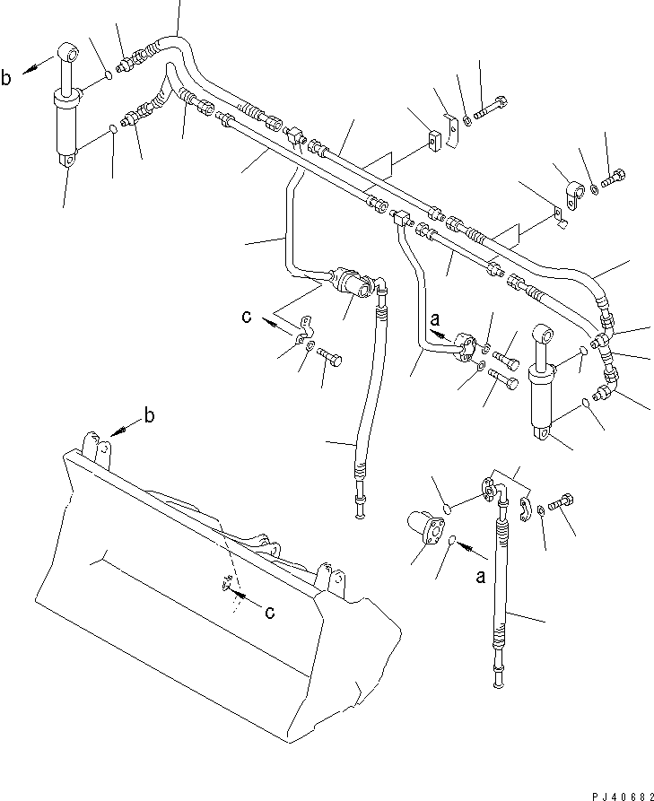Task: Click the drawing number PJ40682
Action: pyautogui.click(x=623, y=797)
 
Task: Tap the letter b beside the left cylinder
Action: pyautogui.click(x=6, y=78)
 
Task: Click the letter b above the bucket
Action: pyautogui.click(x=149, y=416)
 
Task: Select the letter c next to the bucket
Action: pyautogui.click(x=270, y=612)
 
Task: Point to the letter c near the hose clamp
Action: pyautogui.click(x=247, y=317)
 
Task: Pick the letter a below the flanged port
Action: pyautogui.click(x=481, y=577)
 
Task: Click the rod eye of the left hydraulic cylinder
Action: pyautogui.click(x=69, y=52)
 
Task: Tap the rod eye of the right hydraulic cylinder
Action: pyautogui.click(x=544, y=335)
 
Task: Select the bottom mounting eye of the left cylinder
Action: pyautogui.click(x=67, y=160)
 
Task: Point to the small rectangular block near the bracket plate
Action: pyautogui.click(x=435, y=141)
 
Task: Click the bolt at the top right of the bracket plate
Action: pyautogui.click(x=491, y=109)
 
